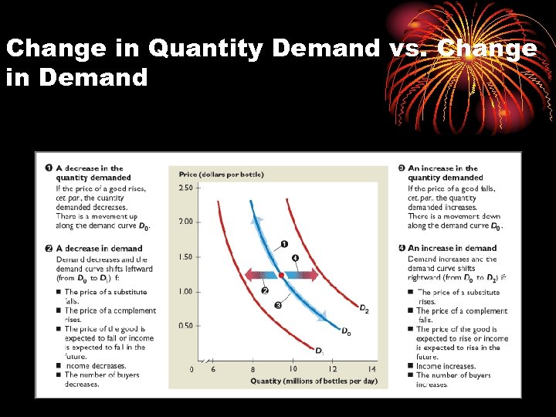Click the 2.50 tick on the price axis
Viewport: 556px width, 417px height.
[x=185, y=188]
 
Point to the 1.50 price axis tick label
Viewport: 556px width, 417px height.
[x=185, y=256]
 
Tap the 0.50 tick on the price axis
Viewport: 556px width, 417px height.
[x=185, y=325]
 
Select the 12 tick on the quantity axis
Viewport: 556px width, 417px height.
[x=332, y=370]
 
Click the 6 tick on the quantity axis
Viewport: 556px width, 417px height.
[x=213, y=370]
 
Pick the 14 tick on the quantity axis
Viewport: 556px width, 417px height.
[x=371, y=370]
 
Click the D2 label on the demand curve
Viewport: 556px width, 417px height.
[x=363, y=310]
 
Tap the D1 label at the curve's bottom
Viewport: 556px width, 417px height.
[x=319, y=351]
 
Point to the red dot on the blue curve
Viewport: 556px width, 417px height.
[x=281, y=275]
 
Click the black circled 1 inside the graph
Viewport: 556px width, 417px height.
[x=283, y=244]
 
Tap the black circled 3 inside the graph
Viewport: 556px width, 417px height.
[x=277, y=305]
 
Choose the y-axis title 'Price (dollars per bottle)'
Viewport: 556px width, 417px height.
[x=221, y=175]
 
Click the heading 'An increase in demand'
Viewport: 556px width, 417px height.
[x=452, y=249]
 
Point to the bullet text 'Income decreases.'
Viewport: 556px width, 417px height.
[x=95, y=366]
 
